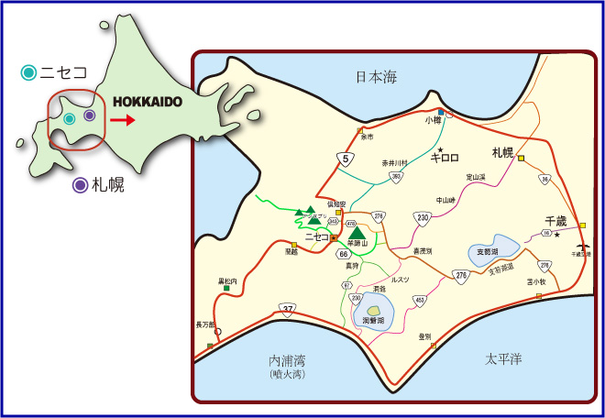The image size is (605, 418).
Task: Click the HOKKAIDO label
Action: pos(148,103)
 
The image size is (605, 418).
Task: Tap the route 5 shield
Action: pos(345,159)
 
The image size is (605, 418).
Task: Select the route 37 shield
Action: pos(290,308)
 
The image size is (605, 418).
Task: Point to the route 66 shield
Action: pos(342,253)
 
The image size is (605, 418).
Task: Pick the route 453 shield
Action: pos(420,300)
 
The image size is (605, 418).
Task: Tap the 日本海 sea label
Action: pos(377,79)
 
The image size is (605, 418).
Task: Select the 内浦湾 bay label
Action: pos(287,361)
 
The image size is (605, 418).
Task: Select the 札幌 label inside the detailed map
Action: pos(503,152)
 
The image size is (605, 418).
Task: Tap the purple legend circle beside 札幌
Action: pos(81,185)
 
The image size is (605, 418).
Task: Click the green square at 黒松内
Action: pos(226,289)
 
